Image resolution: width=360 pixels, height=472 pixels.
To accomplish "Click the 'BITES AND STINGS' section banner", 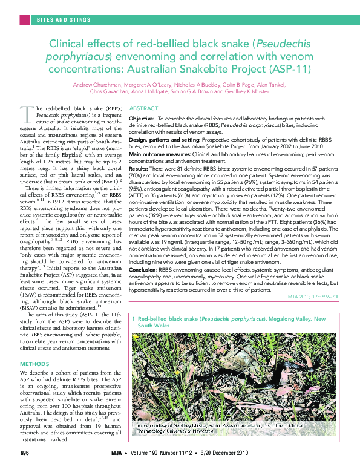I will (x=64, y=19).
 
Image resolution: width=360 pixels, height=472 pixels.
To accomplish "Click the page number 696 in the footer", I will (x=25, y=454).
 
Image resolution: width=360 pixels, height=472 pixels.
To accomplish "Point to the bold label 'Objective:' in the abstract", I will (x=142, y=119).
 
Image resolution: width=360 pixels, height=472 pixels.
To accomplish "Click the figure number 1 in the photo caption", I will (x=133, y=318).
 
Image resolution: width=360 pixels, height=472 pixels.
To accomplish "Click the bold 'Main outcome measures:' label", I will (x=161, y=154).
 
